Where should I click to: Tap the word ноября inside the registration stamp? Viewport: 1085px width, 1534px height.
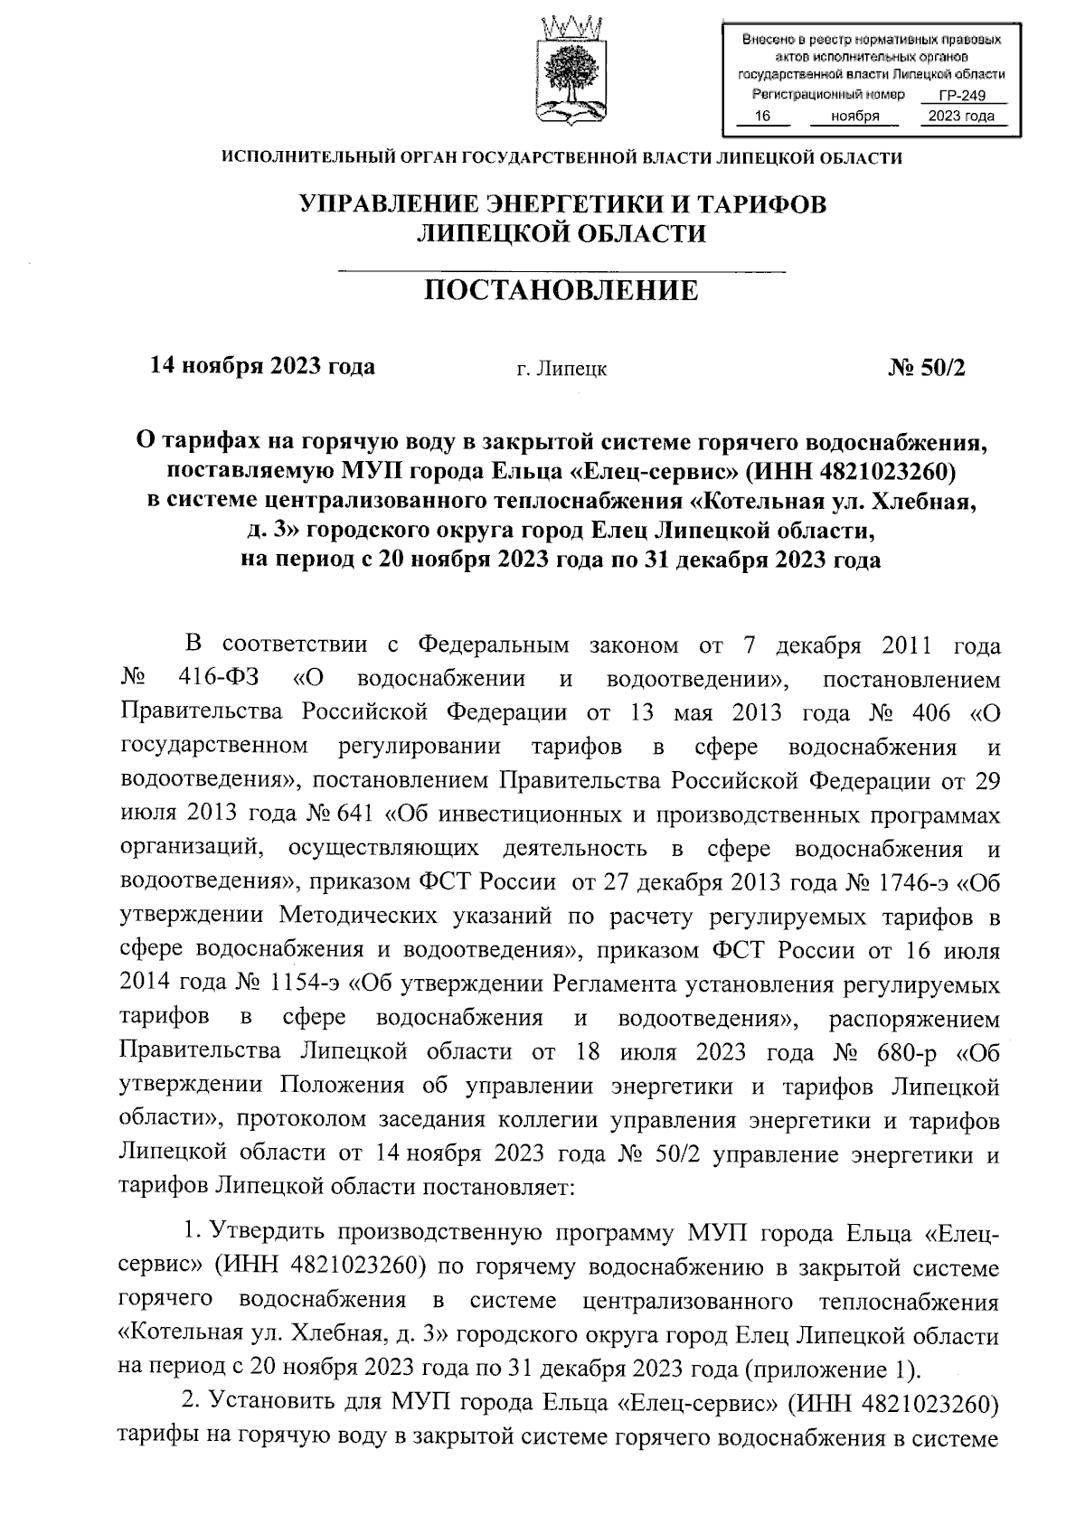point(855,117)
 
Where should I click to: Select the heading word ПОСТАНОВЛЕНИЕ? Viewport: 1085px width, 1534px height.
point(561,291)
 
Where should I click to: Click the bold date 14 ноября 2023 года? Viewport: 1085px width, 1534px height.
point(261,367)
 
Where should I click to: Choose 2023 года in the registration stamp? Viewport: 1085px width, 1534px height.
point(961,117)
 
